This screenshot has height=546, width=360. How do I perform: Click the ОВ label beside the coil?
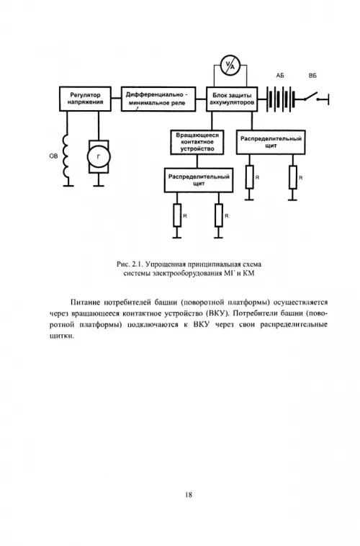tap(53, 156)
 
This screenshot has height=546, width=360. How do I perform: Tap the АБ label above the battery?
tap(280, 76)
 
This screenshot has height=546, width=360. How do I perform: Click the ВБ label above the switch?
tap(312, 76)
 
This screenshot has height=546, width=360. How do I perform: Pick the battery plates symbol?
tap(281, 99)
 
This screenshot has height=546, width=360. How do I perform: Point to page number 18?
tap(189, 494)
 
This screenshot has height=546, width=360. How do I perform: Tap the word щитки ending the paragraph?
tap(62, 336)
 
